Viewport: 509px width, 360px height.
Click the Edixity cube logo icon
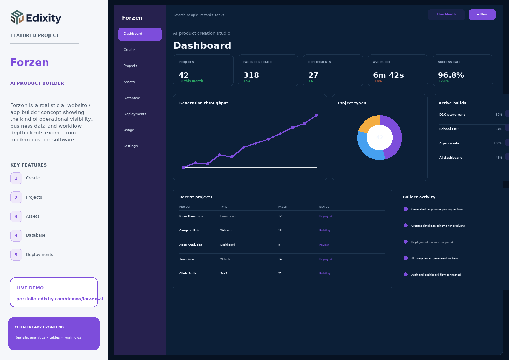coord(17,17)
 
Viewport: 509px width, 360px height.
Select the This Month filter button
coord(446,15)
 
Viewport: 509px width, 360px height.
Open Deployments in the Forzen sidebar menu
coord(135,114)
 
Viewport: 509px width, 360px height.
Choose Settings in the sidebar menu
coord(130,146)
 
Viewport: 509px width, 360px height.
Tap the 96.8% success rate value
coord(451,75)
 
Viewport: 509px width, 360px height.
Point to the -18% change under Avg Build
coord(377,81)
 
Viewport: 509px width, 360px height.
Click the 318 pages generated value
coord(251,75)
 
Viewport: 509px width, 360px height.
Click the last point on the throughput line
coord(316,115)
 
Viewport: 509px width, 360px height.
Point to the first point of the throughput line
coord(184,168)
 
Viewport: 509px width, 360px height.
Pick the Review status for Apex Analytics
coord(324,245)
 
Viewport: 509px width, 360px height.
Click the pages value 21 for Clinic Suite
coord(280,273)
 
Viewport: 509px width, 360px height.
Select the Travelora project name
coord(186,259)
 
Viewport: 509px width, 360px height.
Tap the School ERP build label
coord(449,129)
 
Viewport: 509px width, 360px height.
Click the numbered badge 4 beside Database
coord(16,235)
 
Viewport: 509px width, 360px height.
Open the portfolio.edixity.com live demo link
coord(59,299)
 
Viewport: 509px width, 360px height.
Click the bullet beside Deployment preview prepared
coord(405,242)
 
